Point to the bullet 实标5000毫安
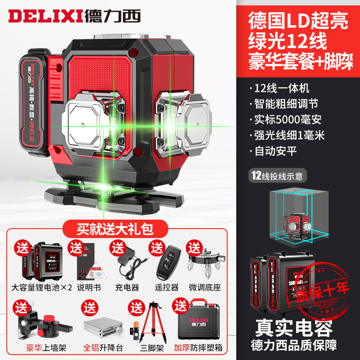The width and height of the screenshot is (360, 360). (x=295, y=120)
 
